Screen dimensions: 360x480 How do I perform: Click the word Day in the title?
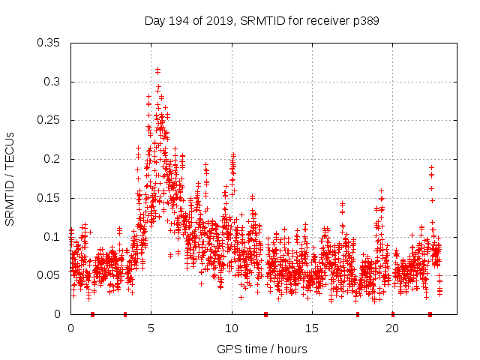pyautogui.click(x=155, y=21)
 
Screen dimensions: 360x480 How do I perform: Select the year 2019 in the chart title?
pyautogui.click(x=220, y=21)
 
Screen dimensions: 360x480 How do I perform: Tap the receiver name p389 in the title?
pyautogui.click(x=366, y=21)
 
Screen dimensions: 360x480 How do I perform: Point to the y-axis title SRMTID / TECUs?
pyautogui.click(x=10, y=178)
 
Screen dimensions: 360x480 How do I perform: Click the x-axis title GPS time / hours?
pyautogui.click(x=262, y=349)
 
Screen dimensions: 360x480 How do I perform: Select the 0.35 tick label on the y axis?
pyautogui.click(x=48, y=43)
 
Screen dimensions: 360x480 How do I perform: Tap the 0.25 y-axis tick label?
pyautogui.click(x=48, y=120)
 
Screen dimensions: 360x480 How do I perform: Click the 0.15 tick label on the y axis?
pyautogui.click(x=48, y=198)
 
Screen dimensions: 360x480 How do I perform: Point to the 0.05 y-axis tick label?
pyautogui.click(x=48, y=275)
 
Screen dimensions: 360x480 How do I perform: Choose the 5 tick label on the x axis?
pyautogui.click(x=151, y=328)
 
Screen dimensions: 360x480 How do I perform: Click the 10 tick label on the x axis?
pyautogui.click(x=232, y=328)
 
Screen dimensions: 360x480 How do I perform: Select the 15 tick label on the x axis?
pyautogui.click(x=312, y=328)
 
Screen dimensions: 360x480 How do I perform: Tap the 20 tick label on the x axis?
pyautogui.click(x=392, y=328)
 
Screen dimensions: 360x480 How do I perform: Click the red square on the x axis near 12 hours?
pyautogui.click(x=265, y=314)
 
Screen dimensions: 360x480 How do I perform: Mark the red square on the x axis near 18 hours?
pyautogui.click(x=358, y=314)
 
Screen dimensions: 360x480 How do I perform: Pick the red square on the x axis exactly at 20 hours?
pyautogui.click(x=392, y=314)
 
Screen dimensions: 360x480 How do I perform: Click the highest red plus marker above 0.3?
pyautogui.click(x=157, y=70)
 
